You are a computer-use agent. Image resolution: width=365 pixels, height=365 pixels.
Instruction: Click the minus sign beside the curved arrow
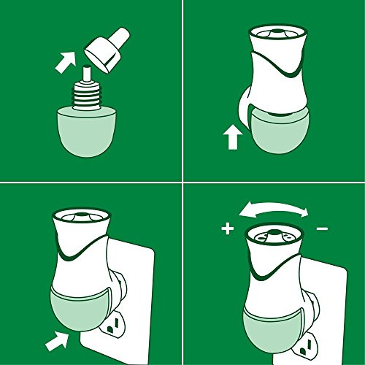[322, 228]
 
